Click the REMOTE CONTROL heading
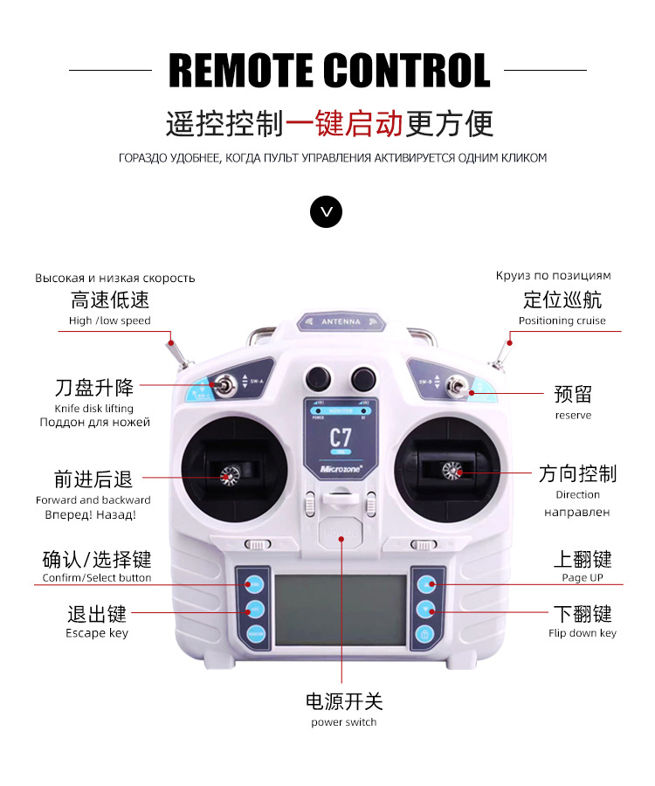[x=327, y=71]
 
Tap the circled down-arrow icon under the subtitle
[x=327, y=211]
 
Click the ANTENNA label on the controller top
[x=340, y=321]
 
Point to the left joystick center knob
[x=231, y=476]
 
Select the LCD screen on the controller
[x=341, y=611]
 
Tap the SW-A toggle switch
[x=225, y=384]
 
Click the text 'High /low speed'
[x=110, y=321]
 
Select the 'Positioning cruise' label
[x=562, y=321]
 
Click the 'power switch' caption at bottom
[x=343, y=722]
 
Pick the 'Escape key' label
[x=97, y=633]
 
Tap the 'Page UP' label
[x=583, y=578]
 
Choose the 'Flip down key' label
[x=583, y=633]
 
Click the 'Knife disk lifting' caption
[x=94, y=408]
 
